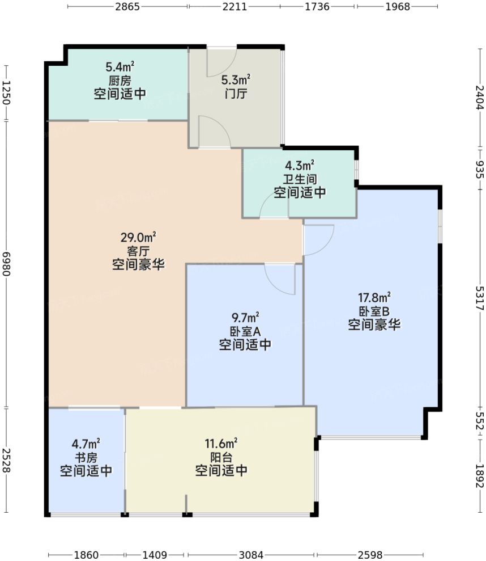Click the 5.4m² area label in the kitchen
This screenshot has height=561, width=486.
point(120,67)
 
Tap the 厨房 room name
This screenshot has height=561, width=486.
point(120,81)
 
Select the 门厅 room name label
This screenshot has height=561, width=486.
point(235,94)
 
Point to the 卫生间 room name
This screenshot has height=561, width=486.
point(300,179)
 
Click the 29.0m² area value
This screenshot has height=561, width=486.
point(138,237)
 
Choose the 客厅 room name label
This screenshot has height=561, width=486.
point(138,250)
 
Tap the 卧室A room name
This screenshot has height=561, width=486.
point(245,331)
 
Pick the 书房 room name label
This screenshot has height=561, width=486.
point(86,457)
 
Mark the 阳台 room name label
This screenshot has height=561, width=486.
point(221,457)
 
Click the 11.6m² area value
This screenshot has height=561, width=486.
point(221,443)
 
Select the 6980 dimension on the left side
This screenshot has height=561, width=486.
point(6,264)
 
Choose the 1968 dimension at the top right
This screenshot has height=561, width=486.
point(398,7)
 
